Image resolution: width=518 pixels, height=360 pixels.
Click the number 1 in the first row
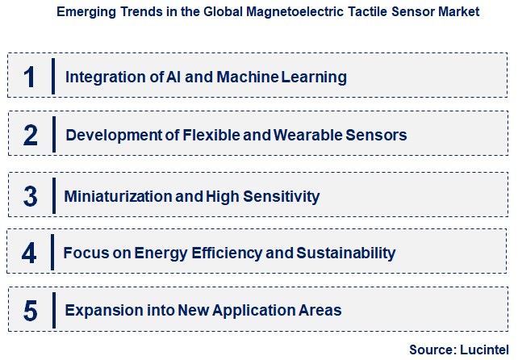pos(30,77)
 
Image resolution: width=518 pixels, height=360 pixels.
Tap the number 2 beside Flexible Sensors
pos(31,135)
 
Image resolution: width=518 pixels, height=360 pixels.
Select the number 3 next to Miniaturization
pos(31,196)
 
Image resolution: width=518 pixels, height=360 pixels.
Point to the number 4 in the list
pos(29,253)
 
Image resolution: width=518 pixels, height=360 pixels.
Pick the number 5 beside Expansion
pos(30,310)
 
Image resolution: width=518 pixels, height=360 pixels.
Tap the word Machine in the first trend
pos(237,77)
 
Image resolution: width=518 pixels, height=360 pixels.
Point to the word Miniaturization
pos(117,196)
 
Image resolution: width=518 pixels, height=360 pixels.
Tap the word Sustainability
pos(346,253)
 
